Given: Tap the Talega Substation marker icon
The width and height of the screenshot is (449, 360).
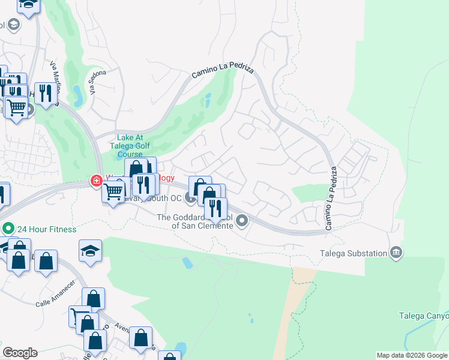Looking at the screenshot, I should click(x=396, y=253).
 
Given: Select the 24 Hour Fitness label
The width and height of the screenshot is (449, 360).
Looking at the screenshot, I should click(x=47, y=229).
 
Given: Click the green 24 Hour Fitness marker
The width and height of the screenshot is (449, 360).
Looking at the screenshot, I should click(x=8, y=229).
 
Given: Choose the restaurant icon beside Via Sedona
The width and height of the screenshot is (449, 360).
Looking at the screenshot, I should click(x=46, y=92).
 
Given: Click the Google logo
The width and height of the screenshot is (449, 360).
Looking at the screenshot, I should click(x=20, y=353).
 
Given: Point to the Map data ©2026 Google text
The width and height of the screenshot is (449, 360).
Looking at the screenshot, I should click(x=412, y=355).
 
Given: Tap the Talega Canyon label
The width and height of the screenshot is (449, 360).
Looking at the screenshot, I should click(x=424, y=316).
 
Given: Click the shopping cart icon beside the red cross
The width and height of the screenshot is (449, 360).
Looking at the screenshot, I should click(x=113, y=192).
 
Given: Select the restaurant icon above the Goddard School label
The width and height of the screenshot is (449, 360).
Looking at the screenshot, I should click(x=215, y=208).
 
